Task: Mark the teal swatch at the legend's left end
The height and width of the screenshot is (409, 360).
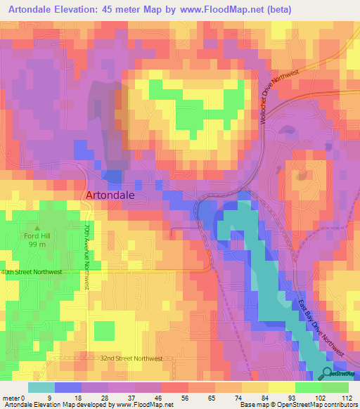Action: pos(41,387)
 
